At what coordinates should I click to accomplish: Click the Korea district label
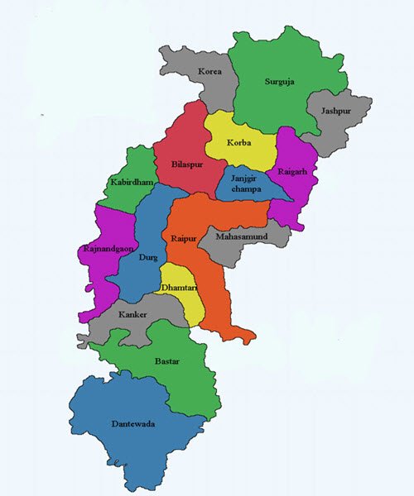click(210, 73)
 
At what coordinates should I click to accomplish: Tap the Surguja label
click(279, 81)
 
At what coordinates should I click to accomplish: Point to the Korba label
click(238, 143)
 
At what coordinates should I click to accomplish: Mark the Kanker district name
click(133, 315)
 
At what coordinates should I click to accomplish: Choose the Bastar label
click(166, 361)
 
